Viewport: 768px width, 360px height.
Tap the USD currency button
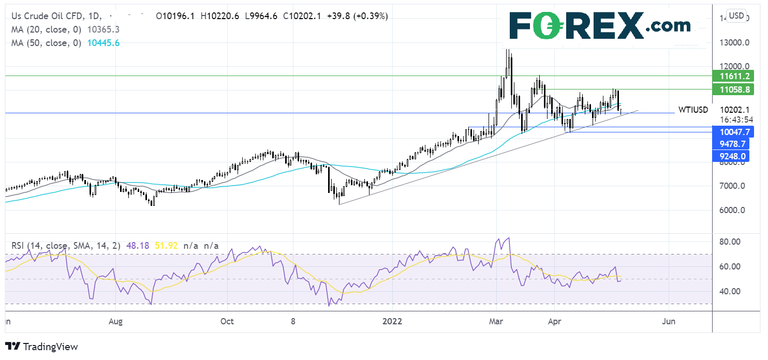coord(737,16)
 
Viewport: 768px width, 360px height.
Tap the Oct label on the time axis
coord(227,321)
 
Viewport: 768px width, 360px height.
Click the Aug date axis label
coord(116,321)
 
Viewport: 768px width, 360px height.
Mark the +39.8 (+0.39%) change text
coord(357,16)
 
